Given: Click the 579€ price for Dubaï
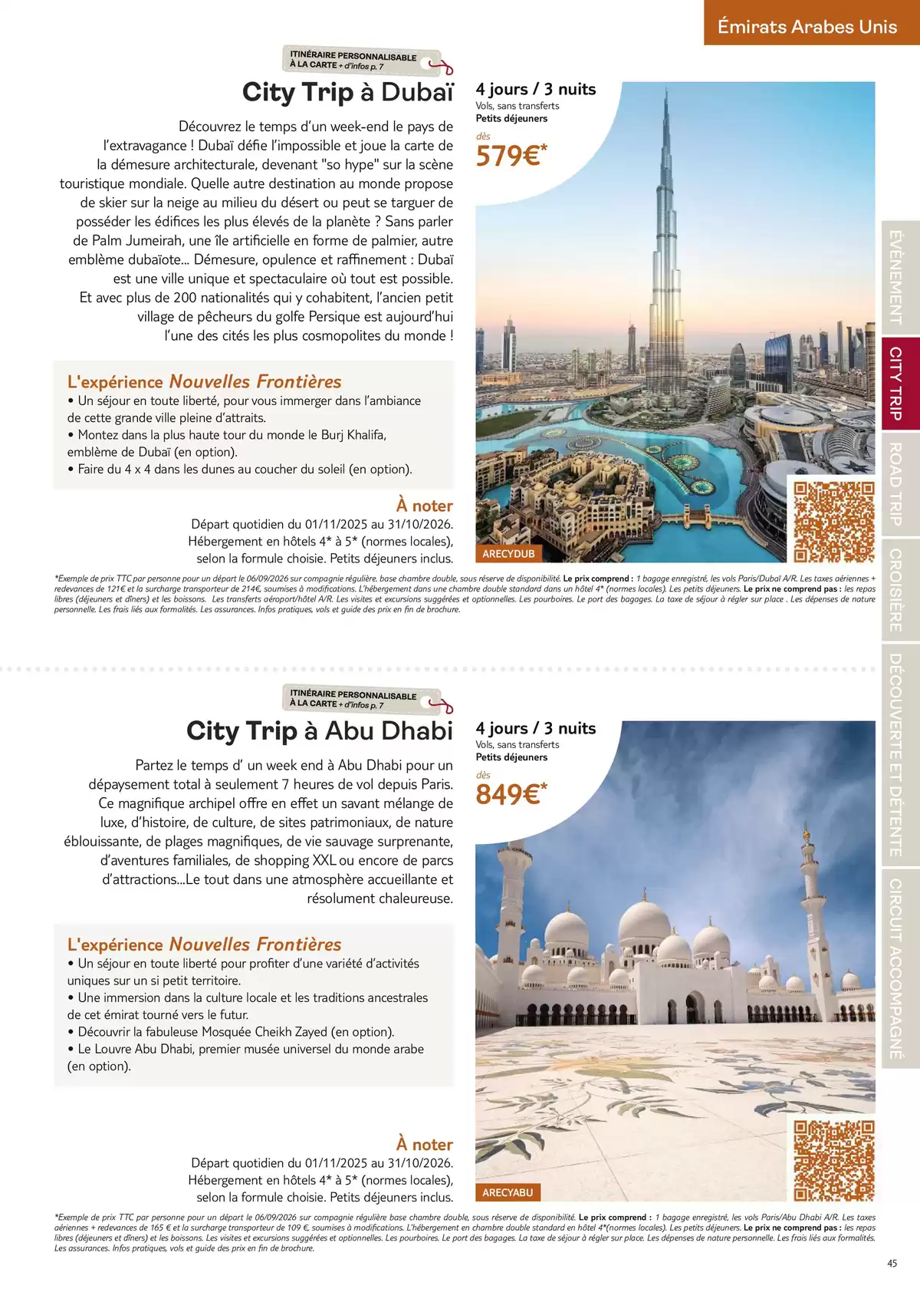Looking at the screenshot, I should (x=511, y=156).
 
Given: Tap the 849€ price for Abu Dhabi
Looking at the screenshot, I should (x=511, y=794).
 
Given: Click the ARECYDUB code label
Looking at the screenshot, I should (x=508, y=554).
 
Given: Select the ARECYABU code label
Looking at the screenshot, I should (x=508, y=1192).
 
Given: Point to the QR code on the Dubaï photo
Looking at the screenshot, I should (x=833, y=522).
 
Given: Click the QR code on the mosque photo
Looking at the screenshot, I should (x=833, y=1160).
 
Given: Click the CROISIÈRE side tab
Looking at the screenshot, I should (x=895, y=590).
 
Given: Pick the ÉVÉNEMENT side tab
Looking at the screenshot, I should (x=895, y=278).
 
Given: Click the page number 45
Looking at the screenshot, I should (x=892, y=1264).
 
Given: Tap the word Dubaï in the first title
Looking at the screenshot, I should (x=417, y=92).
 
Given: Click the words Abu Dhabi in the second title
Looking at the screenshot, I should (x=389, y=730).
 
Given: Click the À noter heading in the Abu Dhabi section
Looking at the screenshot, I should (x=424, y=1144).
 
